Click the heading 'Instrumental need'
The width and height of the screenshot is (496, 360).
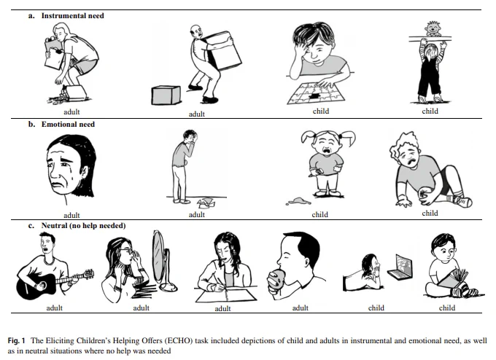[72, 16]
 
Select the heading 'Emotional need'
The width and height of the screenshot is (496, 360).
[68, 124]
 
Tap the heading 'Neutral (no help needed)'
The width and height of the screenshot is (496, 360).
[83, 226]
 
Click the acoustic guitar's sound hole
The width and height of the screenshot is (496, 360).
[42, 286]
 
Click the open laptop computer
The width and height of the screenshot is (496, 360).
[400, 266]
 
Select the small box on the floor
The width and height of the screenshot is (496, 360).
[166, 95]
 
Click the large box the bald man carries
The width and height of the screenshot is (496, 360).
[224, 50]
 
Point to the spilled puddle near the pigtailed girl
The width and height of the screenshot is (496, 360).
[298, 201]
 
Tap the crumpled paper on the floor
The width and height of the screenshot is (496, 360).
[206, 203]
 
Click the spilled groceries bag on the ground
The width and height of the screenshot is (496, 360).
[73, 93]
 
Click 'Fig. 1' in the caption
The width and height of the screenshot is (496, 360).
[17, 341]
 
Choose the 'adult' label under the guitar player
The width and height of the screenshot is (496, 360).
[55, 308]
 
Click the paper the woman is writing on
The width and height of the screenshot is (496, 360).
[226, 297]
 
